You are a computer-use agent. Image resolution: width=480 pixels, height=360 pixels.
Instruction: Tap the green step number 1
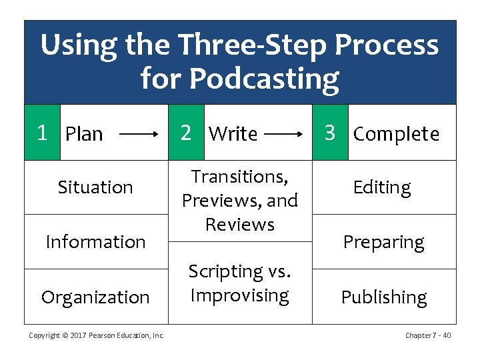42,133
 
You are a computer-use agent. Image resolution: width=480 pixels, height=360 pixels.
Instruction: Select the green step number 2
186,133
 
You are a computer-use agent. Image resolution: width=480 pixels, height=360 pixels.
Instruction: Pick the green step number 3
329,133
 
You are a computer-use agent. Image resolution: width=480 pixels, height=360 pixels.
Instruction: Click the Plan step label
84,134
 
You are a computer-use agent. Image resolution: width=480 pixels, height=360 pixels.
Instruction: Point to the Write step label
233,134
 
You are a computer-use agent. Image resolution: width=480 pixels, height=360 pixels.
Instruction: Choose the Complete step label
396,134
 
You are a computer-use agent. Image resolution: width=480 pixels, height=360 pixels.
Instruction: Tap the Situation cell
95,187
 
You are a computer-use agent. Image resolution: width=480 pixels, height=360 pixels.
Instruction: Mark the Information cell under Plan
95,241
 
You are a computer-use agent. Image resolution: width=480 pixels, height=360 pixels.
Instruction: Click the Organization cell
95,297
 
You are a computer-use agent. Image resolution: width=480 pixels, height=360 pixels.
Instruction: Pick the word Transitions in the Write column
239,177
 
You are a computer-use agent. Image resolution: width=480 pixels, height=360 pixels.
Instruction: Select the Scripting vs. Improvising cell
239,283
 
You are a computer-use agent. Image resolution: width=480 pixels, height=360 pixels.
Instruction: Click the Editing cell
382,187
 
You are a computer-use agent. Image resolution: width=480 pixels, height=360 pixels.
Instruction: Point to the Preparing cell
383,242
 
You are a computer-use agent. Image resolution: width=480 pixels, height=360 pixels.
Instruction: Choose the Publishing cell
384,297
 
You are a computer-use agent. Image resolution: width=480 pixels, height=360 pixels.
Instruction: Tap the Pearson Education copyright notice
96,335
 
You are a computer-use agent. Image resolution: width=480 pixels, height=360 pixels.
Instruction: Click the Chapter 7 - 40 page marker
427,335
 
